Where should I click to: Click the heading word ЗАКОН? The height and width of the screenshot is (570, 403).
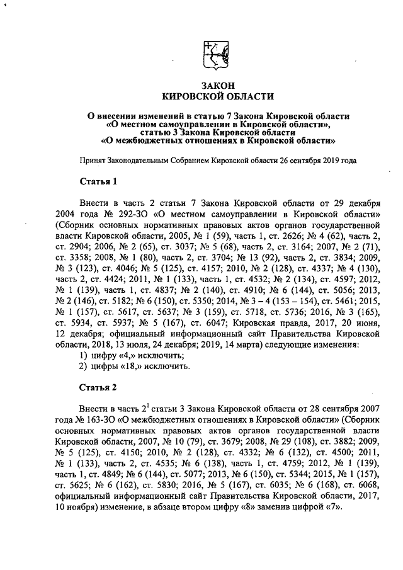pos(218,84)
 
